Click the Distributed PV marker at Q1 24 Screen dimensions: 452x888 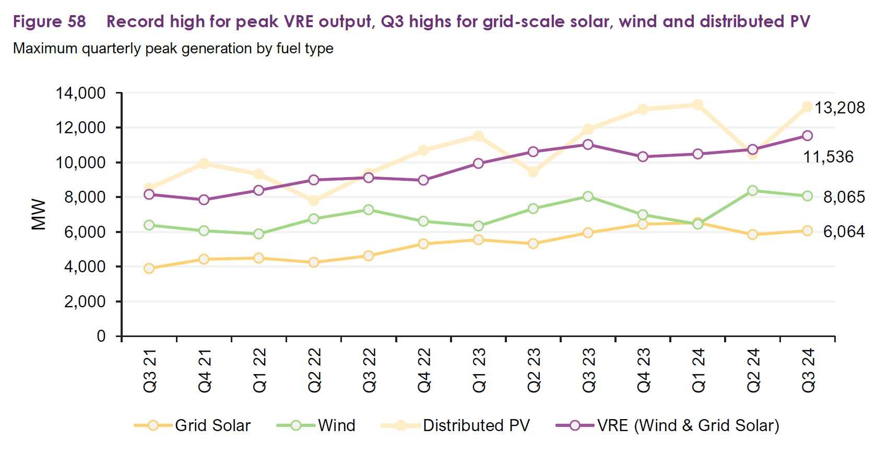point(697,105)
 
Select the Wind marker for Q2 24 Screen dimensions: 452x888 point(752,191)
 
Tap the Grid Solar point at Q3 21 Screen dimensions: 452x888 point(149,269)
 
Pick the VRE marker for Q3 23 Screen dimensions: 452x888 point(588,144)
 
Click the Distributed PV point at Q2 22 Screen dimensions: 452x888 point(314,201)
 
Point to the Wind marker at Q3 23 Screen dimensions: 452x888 point(588,196)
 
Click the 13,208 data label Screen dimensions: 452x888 point(839,108)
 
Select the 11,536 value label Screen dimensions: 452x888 point(828,157)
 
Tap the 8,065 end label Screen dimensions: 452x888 point(844,197)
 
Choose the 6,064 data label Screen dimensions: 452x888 point(844,231)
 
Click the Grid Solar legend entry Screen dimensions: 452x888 point(193,425)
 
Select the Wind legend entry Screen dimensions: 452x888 point(317,425)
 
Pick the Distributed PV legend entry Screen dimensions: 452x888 point(456,425)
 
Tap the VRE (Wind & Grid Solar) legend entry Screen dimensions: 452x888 point(668,425)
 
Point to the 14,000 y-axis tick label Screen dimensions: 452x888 point(81,93)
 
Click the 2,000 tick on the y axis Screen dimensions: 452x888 point(85,302)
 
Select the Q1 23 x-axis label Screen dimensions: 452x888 point(479,370)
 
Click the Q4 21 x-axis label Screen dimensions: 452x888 point(205,370)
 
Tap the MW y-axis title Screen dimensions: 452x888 point(39,214)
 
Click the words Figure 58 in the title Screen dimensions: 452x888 point(49,21)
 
